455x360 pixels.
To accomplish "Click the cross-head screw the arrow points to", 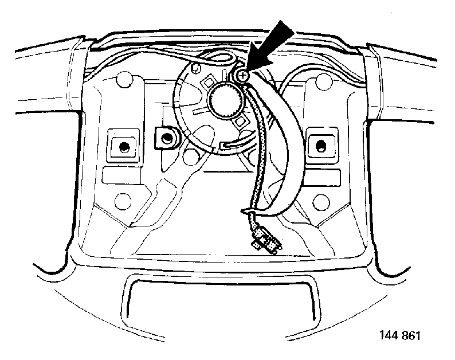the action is click(x=243, y=76).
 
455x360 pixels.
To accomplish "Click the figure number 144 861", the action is click(x=400, y=335).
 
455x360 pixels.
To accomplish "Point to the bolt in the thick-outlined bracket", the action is click(x=166, y=138).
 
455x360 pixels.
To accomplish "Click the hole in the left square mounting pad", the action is click(x=124, y=147).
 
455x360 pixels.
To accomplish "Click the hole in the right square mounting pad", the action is click(x=321, y=145).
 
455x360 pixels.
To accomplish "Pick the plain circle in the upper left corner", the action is click(x=124, y=82).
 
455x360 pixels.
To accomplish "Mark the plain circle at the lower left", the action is click(x=123, y=201).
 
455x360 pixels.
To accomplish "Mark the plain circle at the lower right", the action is click(x=321, y=201).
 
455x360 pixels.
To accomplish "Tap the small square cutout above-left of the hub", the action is click(x=209, y=83).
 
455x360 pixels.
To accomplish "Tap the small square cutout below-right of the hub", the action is click(x=241, y=122).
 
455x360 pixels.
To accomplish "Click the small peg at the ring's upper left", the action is click(x=196, y=68).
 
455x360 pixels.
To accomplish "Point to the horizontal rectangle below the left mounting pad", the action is click(x=121, y=175).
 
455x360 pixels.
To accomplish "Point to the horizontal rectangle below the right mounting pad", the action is click(x=321, y=175).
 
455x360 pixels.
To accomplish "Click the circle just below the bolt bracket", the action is click(x=191, y=156).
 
